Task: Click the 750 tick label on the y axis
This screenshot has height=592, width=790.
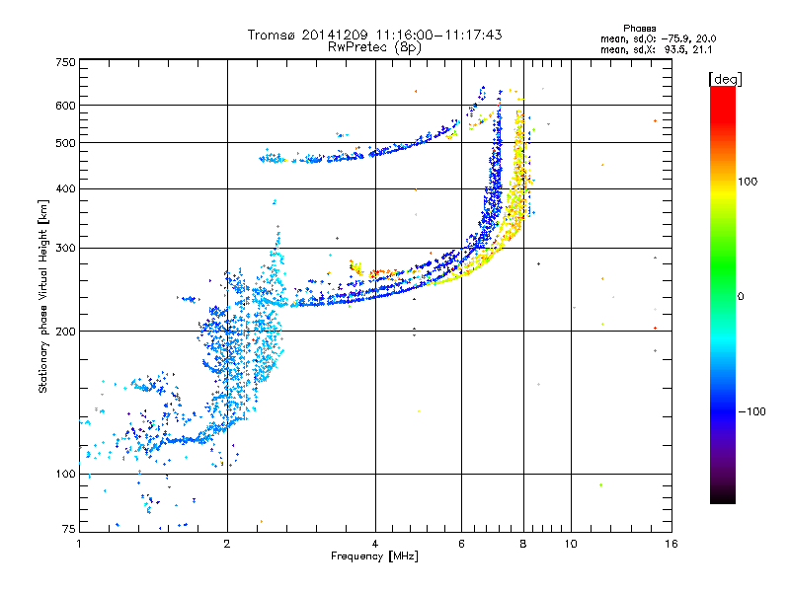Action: click(x=65, y=62)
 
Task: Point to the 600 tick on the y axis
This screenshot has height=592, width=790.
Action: click(x=65, y=106)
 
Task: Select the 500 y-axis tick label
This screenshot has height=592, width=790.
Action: click(x=65, y=143)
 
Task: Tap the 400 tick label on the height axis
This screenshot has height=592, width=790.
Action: click(x=65, y=188)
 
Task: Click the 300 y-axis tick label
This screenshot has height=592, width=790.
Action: click(x=65, y=249)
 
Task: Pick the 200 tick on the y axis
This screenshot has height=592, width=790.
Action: click(x=65, y=332)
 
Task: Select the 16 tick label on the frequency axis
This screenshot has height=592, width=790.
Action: click(x=668, y=544)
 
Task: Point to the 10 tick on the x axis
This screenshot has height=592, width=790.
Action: click(x=570, y=544)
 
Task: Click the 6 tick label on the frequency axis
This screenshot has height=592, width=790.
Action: click(x=462, y=544)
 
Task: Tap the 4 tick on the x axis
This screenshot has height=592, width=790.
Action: click(x=375, y=544)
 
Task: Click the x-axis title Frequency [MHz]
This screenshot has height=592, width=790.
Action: click(x=375, y=557)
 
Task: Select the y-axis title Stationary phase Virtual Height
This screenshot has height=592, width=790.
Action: click(x=42, y=296)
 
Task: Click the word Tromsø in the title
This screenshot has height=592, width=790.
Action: click(x=270, y=35)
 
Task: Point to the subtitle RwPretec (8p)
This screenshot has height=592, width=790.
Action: click(x=375, y=46)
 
